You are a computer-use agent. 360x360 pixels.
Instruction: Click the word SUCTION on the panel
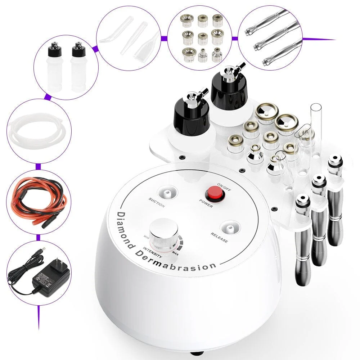(157, 203)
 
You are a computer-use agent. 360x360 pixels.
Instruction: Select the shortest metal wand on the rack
(302, 238)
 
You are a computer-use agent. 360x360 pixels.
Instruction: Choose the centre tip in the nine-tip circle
(203, 37)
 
